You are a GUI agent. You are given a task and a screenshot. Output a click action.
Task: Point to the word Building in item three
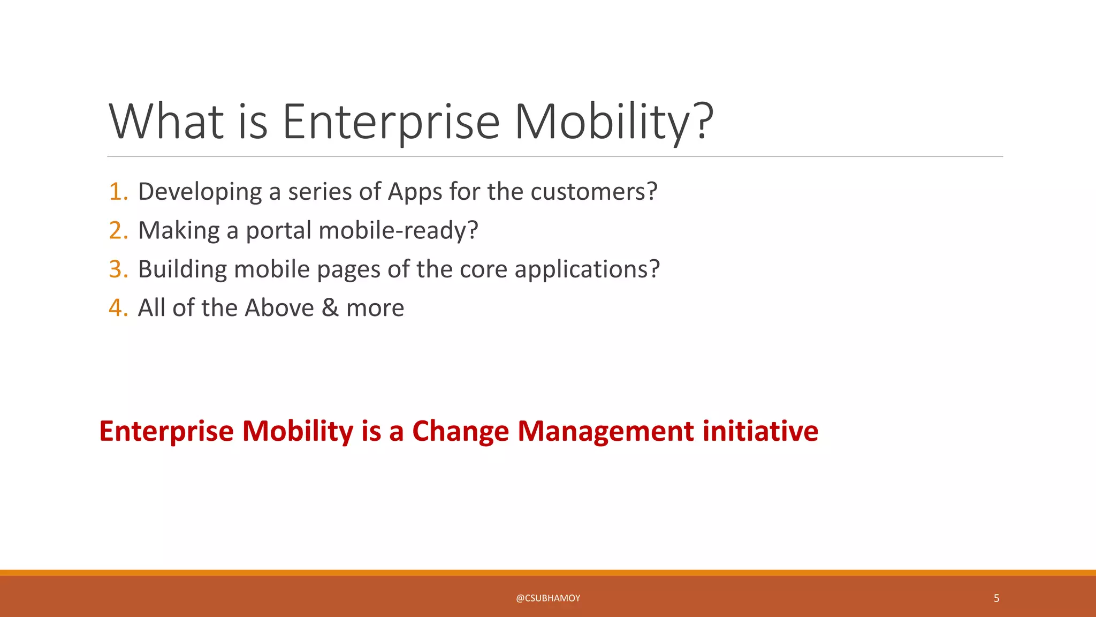182,270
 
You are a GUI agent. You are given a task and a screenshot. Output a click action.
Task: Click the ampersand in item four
330,308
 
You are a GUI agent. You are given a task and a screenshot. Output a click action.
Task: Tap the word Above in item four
279,308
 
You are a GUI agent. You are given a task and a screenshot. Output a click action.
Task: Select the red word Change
460,432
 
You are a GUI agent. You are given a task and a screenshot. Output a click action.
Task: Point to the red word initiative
760,431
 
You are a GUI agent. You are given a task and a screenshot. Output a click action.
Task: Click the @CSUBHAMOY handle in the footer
548,598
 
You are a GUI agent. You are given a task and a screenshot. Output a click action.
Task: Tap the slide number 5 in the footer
996,598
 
